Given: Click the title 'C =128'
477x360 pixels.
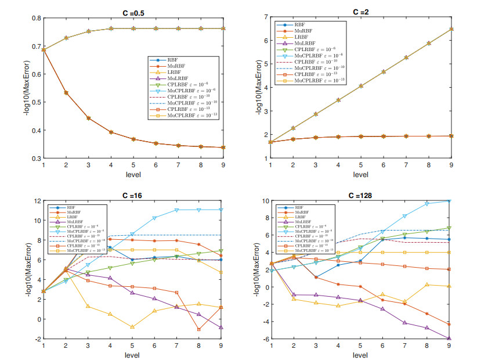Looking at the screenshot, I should pos(360,196).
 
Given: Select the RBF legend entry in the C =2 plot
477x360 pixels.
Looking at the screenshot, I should pos(299,25).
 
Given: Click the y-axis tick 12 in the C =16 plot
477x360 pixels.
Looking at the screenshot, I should pos(36,201).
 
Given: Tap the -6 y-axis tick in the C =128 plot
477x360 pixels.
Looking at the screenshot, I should pos(264,339).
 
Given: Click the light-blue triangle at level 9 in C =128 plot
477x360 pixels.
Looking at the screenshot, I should pos(449,201).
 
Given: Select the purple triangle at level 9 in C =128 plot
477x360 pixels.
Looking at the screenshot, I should pos(449,339).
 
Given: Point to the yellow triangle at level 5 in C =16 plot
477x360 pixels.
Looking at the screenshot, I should pos(132,327).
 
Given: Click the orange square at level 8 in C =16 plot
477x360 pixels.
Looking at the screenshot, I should pos(199,329).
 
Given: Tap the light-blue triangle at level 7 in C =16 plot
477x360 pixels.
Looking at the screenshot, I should pos(176,210).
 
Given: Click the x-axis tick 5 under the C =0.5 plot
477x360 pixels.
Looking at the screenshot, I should pos(132,165).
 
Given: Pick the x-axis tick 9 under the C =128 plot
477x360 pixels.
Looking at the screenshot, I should pos(449,347).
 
